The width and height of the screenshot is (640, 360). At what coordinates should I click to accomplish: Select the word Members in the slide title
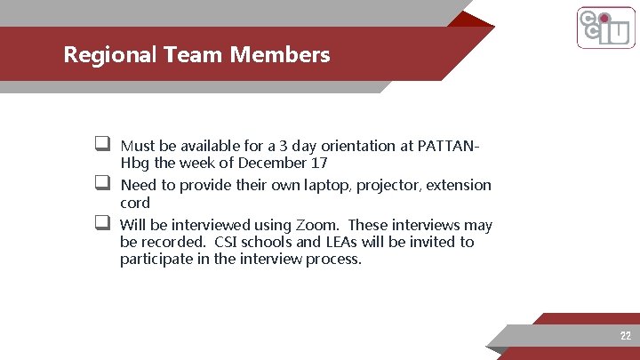(280, 54)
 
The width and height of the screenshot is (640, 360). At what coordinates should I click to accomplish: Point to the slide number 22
(626, 336)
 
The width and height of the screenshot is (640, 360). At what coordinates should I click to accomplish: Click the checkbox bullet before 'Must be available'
(103, 144)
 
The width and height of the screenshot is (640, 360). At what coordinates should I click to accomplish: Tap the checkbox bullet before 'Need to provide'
(103, 184)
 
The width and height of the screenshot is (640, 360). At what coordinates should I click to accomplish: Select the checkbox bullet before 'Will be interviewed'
(103, 223)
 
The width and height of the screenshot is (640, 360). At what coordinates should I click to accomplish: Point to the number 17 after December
(320, 164)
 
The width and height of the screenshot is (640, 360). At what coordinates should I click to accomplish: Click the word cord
(135, 204)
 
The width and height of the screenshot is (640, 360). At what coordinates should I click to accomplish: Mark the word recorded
(178, 243)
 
